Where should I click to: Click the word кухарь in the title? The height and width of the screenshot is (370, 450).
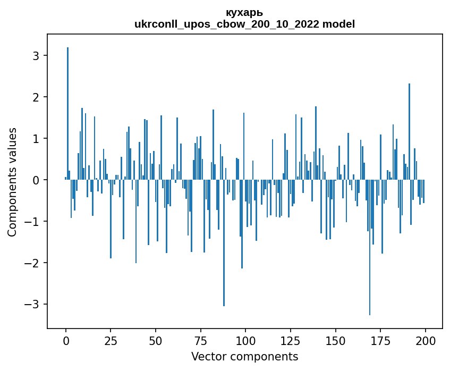(x=244, y=13)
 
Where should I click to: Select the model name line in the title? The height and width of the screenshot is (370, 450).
(x=244, y=24)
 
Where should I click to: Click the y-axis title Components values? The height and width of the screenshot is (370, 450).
(x=12, y=182)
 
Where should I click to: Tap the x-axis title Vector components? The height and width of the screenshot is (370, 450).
(x=244, y=356)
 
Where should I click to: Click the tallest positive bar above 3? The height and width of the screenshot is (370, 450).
(x=67, y=106)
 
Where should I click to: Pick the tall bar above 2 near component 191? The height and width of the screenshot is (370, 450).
(x=409, y=128)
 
